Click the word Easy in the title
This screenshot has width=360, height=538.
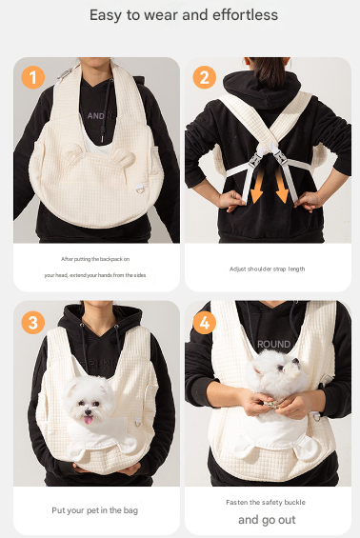point(108,15)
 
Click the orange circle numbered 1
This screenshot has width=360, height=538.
point(32,76)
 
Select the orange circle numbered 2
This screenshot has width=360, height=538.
point(203,76)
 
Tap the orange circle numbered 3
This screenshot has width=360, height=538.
point(32,322)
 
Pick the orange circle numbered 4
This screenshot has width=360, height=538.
point(203,322)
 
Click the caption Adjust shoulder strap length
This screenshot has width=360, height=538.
point(268,269)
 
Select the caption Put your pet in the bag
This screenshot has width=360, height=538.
point(95,510)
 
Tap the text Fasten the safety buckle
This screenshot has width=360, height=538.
point(267,502)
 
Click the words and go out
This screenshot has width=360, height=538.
point(267,520)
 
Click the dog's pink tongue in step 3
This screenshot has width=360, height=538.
point(90,418)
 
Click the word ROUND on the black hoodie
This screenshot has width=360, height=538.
point(273,344)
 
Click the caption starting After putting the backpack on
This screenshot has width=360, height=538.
point(95,258)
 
